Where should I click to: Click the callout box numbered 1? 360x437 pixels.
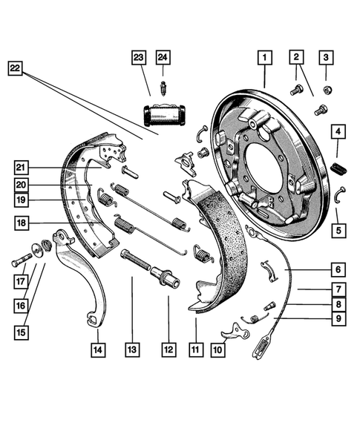click(x=266, y=56)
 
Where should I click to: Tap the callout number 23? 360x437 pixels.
click(x=139, y=58)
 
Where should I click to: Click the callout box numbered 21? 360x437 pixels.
click(x=22, y=166)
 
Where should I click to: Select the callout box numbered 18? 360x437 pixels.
click(x=22, y=223)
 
